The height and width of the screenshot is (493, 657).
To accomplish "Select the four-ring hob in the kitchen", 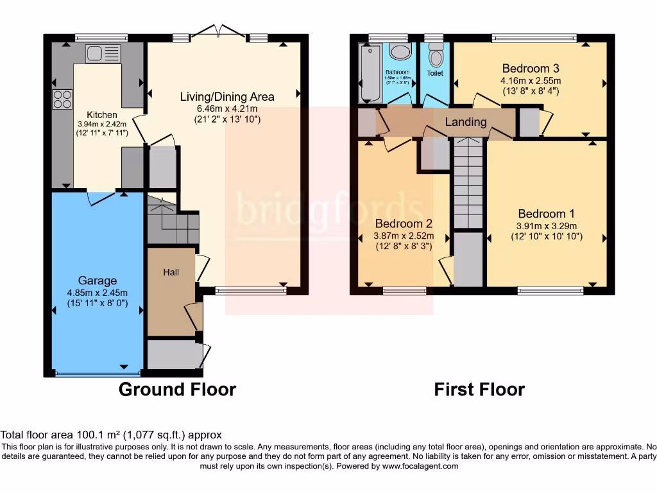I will [x=62, y=99].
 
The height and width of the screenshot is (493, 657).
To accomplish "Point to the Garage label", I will [x=98, y=281].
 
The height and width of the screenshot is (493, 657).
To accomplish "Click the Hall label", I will [x=171, y=272].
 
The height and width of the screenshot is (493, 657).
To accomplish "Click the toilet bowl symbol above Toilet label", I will [x=436, y=58].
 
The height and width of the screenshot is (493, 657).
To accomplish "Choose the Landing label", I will [x=466, y=122].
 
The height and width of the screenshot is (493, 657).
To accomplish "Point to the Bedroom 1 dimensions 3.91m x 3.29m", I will [x=547, y=226].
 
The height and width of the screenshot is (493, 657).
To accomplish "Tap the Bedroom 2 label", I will [x=404, y=224].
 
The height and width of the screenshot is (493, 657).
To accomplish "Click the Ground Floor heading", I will [x=178, y=389].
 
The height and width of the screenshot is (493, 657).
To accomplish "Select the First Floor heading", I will [x=479, y=389].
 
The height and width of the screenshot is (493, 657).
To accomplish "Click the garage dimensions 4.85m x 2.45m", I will [x=98, y=293].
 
